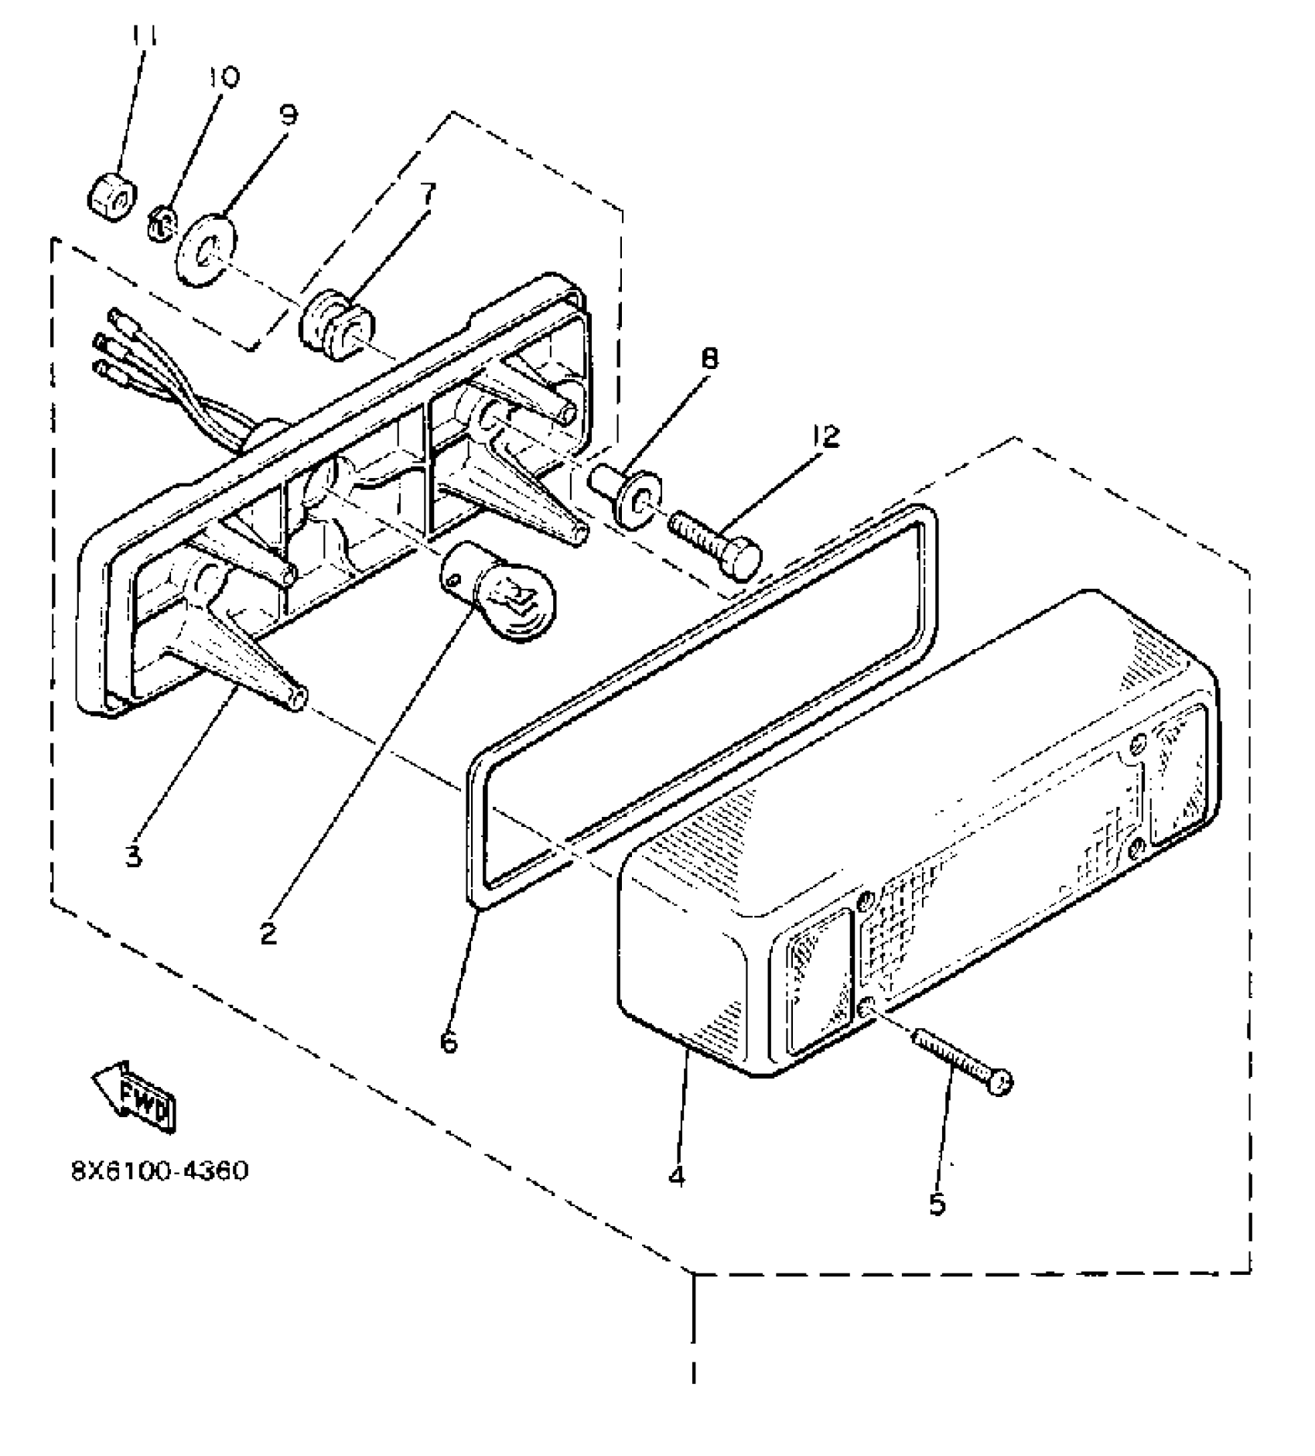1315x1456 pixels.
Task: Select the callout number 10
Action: pyautogui.click(x=224, y=77)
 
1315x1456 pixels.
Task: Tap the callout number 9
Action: pyautogui.click(x=287, y=115)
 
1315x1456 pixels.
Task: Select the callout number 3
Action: pyautogui.click(x=134, y=856)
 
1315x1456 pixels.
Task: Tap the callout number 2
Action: pyautogui.click(x=268, y=935)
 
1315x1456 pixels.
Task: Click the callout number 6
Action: pyautogui.click(x=449, y=1042)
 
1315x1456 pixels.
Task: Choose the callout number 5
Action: pyautogui.click(x=938, y=1205)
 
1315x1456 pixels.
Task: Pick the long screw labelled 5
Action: pyautogui.click(x=961, y=1061)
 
